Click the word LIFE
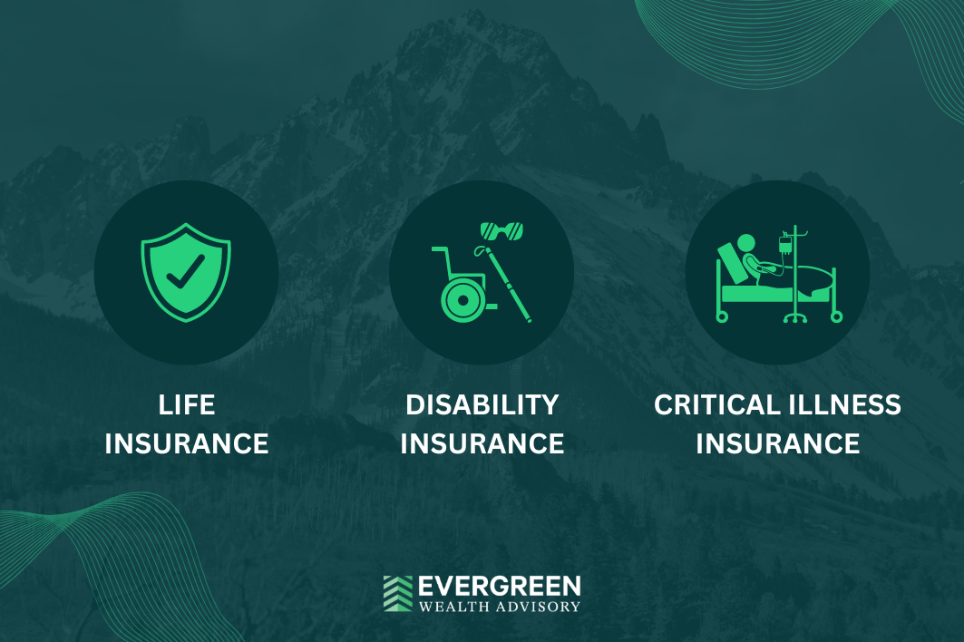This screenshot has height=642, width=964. click(187, 405)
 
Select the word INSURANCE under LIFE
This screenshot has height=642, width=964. click(187, 444)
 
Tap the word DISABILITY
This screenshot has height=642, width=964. click(482, 405)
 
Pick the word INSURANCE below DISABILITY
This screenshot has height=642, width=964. click(482, 444)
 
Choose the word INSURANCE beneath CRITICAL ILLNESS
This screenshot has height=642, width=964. click(778, 444)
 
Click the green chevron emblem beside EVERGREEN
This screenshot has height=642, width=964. click(397, 593)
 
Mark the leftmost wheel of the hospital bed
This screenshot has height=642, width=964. click(722, 316)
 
